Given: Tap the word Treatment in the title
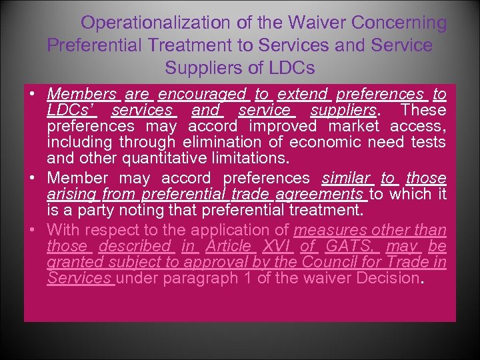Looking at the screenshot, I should [x=199, y=45].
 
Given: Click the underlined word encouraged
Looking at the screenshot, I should [x=202, y=94].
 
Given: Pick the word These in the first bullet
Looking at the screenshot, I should [x=424, y=109].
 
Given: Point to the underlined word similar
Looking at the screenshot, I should [x=346, y=178].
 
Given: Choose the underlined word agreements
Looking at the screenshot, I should [x=320, y=194].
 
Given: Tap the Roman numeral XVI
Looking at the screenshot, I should [x=276, y=246].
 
